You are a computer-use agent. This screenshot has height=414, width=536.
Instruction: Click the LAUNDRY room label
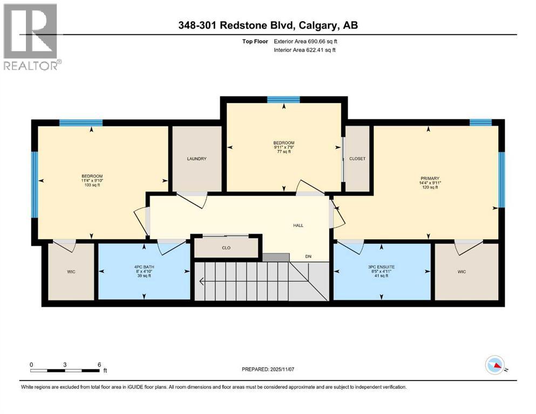pos(196,158)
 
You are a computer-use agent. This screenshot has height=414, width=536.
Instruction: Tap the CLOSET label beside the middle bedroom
pos(357,158)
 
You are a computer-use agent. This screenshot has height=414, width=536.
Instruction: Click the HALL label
pos(298,225)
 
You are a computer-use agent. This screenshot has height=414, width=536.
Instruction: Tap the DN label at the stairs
pos(308,257)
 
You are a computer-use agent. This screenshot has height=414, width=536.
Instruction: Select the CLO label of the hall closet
pos(227,249)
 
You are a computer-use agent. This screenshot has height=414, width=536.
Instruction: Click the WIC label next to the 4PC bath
pos(71,271)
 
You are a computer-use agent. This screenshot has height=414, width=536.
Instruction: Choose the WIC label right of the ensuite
pos(462,271)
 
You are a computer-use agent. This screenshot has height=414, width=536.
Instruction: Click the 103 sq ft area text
pos(92,185)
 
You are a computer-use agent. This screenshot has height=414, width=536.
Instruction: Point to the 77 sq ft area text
pos(283,151)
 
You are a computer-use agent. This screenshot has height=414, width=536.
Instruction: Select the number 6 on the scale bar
pos(99,364)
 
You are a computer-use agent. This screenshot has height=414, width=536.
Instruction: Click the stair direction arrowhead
pos(201,280)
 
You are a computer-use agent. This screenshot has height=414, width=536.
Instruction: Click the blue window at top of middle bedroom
pos(283,99)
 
